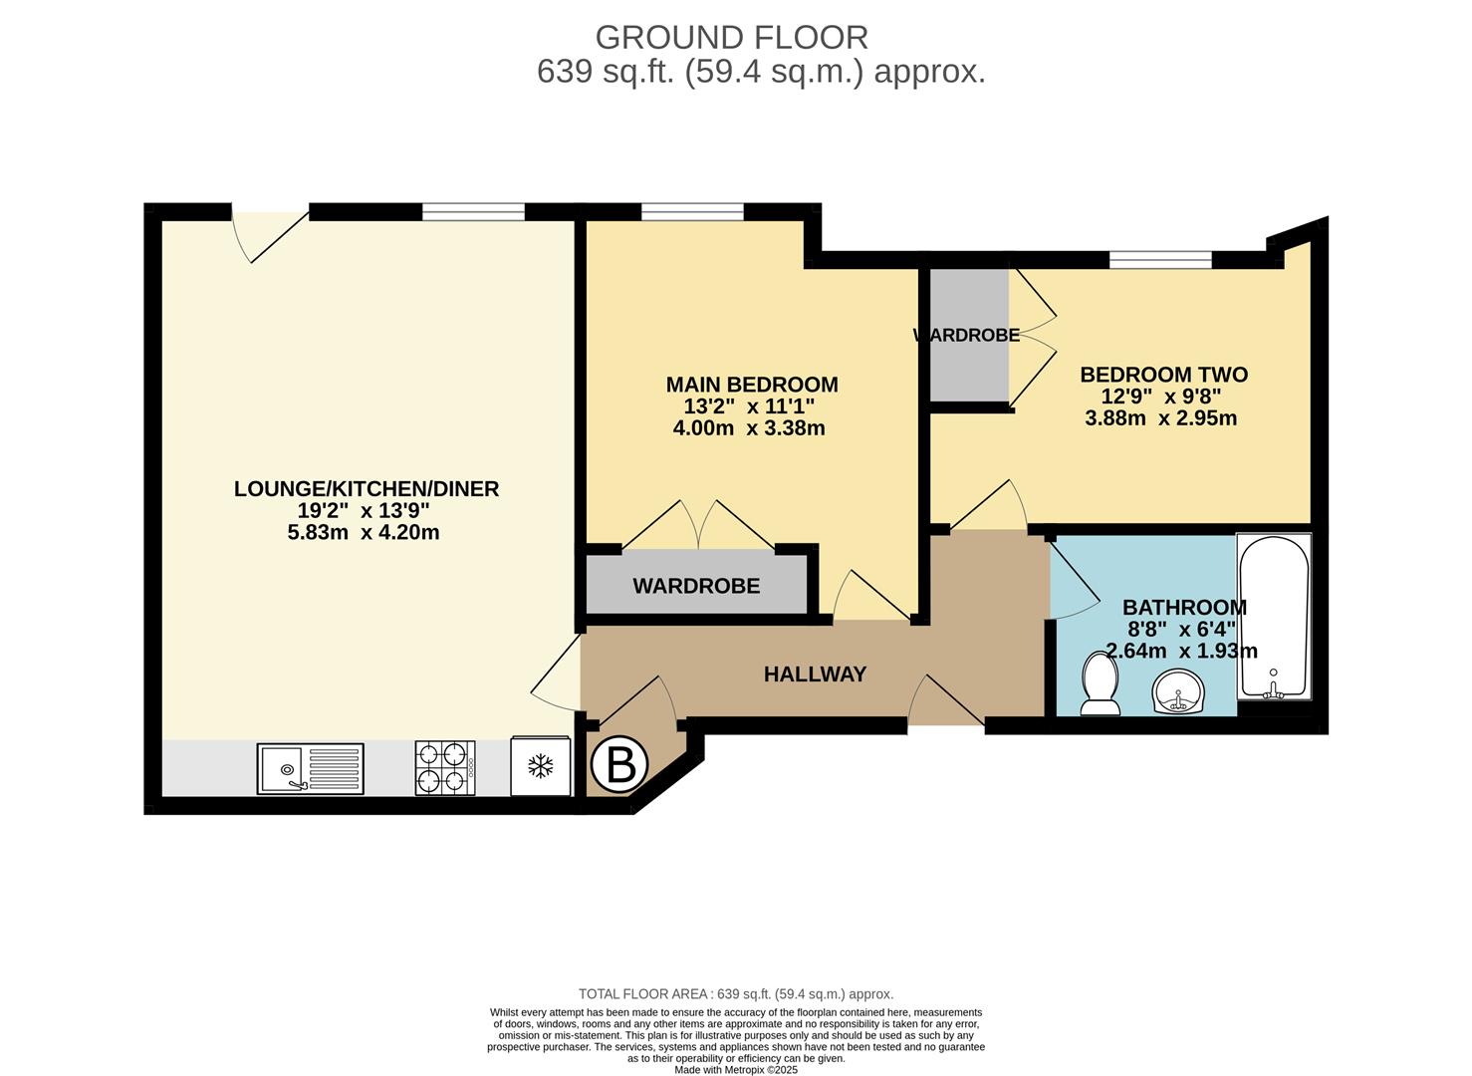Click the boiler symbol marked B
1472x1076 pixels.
pos(619,765)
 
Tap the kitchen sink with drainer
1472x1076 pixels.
pos(310,768)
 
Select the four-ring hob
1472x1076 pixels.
pos(445,768)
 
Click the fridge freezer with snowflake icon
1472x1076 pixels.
pos(541,766)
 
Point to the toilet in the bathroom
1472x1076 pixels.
pos(1101,683)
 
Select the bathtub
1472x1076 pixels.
pos(1274,617)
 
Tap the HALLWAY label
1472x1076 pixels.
pos(815,673)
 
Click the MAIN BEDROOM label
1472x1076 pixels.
pos(752,384)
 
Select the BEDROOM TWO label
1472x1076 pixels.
pos(1164,375)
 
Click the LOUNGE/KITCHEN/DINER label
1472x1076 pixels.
pos(367,488)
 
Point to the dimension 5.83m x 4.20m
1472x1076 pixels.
pos(364,532)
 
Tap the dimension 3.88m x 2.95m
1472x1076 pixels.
pos(1160,418)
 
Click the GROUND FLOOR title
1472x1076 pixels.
pos(731,38)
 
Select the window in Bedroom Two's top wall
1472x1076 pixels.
pos(1160,260)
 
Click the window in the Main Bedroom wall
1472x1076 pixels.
pos(692,211)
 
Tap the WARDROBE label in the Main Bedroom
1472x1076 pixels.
pos(696,586)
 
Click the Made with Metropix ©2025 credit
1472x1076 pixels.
pos(736,1069)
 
